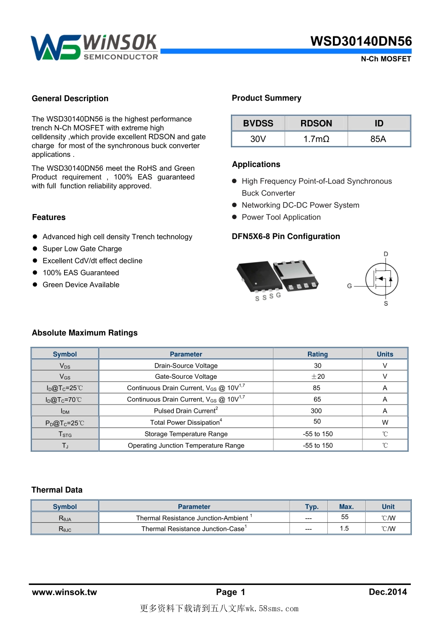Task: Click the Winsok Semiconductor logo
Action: pyautogui.click(x=95, y=47)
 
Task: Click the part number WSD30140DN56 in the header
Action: pyautogui.click(x=361, y=41)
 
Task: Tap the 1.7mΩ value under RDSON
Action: pyautogui.click(x=316, y=139)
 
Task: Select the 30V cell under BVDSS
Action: pyautogui.click(x=258, y=139)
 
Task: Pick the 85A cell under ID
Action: pyautogui.click(x=378, y=139)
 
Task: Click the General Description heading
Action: pyautogui.click(x=70, y=98)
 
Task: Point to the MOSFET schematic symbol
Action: pyautogui.click(x=382, y=279)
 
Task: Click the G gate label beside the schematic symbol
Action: pyautogui.click(x=349, y=286)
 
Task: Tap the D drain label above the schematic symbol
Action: pyautogui.click(x=386, y=254)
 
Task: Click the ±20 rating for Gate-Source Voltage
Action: pyautogui.click(x=318, y=376)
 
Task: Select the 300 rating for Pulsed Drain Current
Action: pyautogui.click(x=316, y=411)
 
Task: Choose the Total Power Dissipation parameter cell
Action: pyautogui.click(x=186, y=422)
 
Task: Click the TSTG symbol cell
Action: pyautogui.click(x=65, y=434)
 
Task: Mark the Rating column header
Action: pyautogui.click(x=318, y=354)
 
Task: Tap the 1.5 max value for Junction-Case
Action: pyautogui.click(x=344, y=529)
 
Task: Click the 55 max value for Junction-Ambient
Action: pyautogui.click(x=345, y=517)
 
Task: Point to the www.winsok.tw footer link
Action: pyautogui.click(x=65, y=592)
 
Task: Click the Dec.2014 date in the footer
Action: pyautogui.click(x=388, y=592)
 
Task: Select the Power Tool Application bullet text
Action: pyautogui.click(x=281, y=217)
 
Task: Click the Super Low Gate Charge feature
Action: pyautogui.click(x=82, y=249)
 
